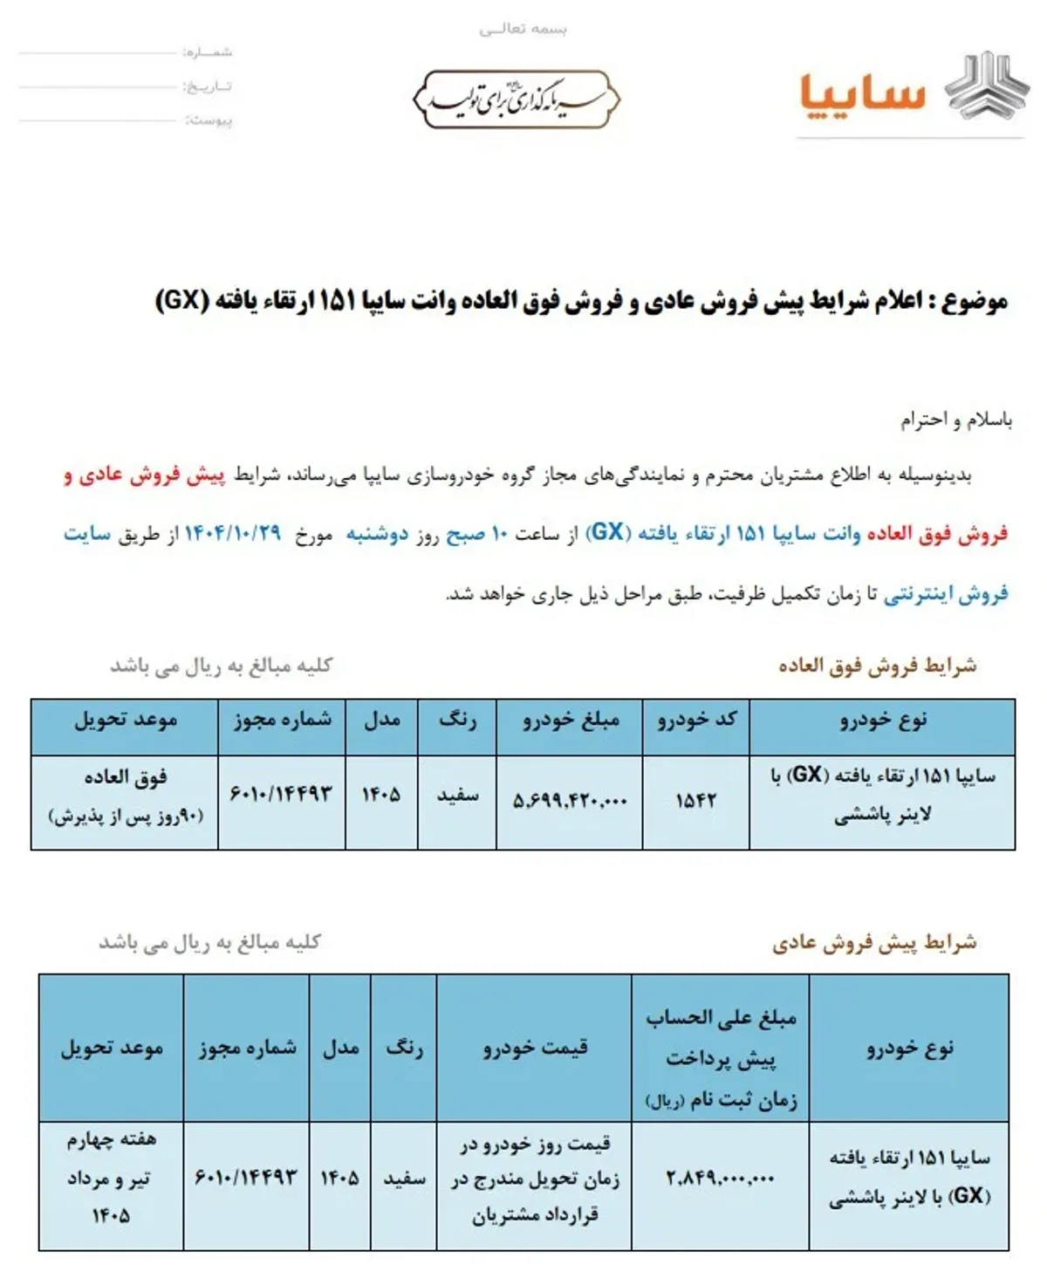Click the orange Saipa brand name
click(x=862, y=92)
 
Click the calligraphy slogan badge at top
click(x=517, y=99)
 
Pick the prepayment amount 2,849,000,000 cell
click(x=720, y=1179)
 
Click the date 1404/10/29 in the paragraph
click(x=233, y=533)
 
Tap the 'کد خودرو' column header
click(x=695, y=721)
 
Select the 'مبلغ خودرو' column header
click(x=570, y=721)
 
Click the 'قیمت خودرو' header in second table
click(x=534, y=1047)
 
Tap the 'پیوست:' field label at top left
click(x=209, y=120)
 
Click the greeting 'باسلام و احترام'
click(x=956, y=420)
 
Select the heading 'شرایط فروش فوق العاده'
click(x=877, y=666)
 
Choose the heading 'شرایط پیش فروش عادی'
click(x=873, y=943)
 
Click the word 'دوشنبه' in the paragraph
click(x=377, y=533)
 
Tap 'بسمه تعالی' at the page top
click(x=523, y=29)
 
